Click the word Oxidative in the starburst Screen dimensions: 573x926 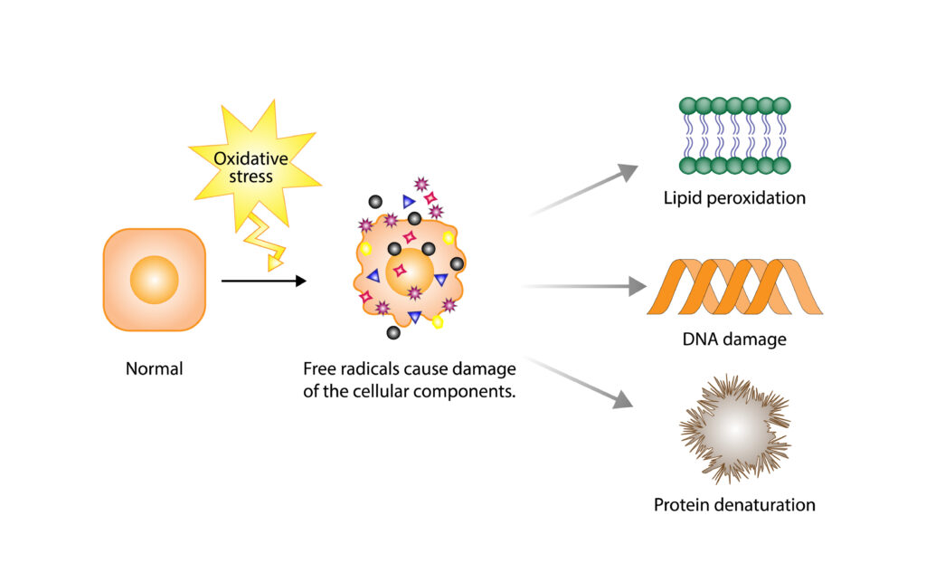pyautogui.click(x=250, y=159)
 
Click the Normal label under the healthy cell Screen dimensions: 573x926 pyautogui.click(x=154, y=368)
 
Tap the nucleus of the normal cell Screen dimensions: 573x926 pyautogui.click(x=154, y=280)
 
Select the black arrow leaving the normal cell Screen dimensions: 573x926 pyautogui.click(x=263, y=282)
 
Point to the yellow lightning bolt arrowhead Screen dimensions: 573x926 pyautogui.click(x=274, y=263)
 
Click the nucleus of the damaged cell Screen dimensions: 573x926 pyautogui.click(x=409, y=272)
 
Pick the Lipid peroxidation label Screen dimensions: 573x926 pyautogui.click(x=733, y=197)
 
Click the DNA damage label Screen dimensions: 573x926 pyautogui.click(x=734, y=341)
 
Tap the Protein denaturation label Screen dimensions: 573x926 pyautogui.click(x=734, y=504)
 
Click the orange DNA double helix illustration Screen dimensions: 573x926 pyautogui.click(x=734, y=287)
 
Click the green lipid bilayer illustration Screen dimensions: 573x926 pyautogui.click(x=734, y=135)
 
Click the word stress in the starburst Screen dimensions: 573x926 pyautogui.click(x=250, y=176)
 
